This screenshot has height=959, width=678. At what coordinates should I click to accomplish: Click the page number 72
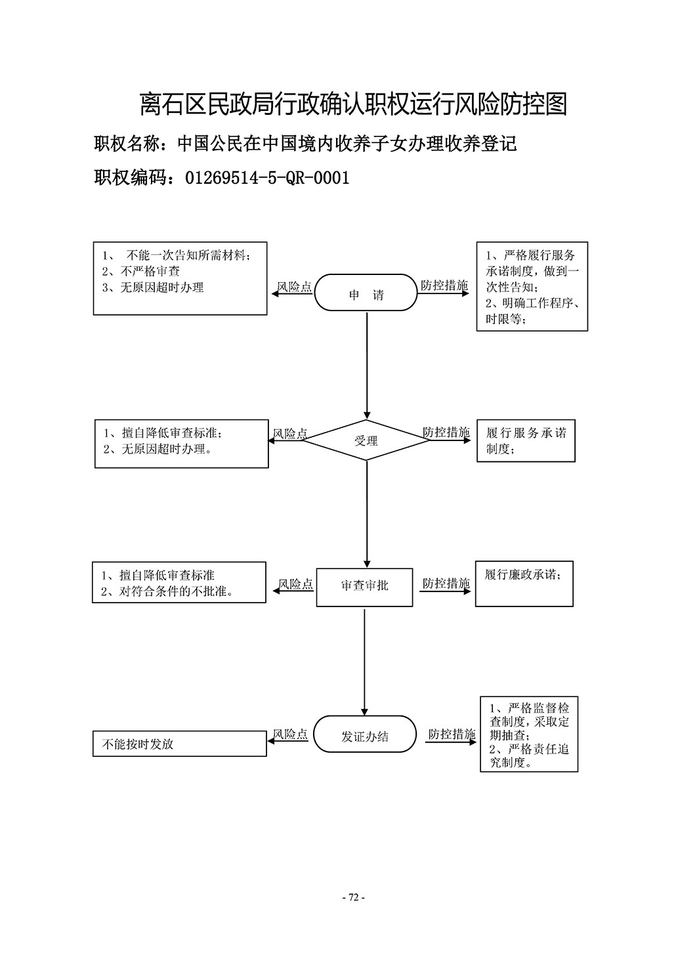(354, 897)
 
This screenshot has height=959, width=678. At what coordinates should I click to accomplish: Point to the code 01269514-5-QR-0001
(267, 178)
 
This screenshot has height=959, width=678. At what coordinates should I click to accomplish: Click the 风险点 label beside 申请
(295, 286)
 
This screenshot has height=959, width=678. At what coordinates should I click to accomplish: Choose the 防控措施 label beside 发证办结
(452, 735)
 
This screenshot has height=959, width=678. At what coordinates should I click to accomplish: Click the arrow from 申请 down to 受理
(367, 366)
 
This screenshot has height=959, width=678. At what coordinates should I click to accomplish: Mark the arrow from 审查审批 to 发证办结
(365, 662)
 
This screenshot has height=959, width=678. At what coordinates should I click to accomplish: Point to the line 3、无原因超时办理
(153, 288)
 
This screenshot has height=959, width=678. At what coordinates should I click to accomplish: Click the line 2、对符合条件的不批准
(167, 591)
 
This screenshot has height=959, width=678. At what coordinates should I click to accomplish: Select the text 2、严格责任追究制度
(530, 756)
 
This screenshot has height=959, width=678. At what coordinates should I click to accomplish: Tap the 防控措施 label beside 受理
(446, 432)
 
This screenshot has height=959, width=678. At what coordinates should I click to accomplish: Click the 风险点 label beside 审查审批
(296, 584)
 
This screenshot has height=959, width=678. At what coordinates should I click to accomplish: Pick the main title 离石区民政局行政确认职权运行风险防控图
(354, 104)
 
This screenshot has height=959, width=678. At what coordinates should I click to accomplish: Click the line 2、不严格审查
(141, 271)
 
